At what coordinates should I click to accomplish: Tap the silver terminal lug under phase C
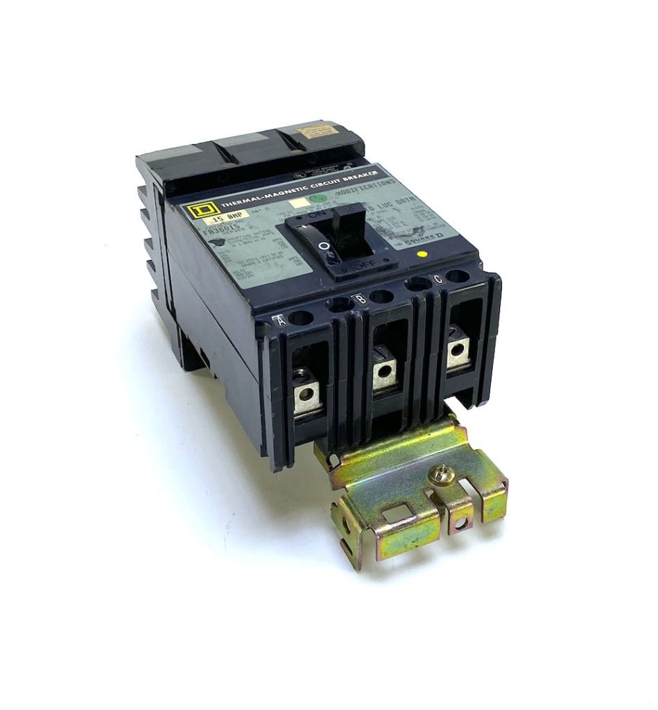pyautogui.click(x=456, y=352)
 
